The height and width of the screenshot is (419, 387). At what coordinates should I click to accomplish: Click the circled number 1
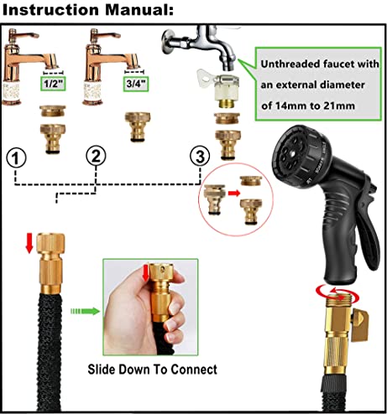(x=17, y=157)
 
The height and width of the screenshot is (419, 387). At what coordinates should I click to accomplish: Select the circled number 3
(x=200, y=155)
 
